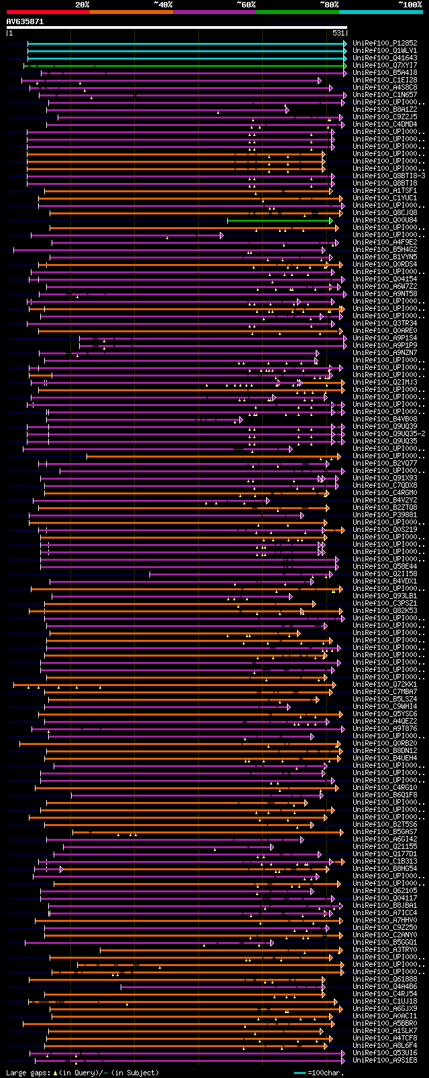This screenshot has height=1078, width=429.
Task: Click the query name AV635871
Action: click(x=25, y=21)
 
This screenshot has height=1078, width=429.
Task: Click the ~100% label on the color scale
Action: click(x=410, y=5)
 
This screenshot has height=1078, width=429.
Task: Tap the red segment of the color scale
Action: click(x=48, y=11)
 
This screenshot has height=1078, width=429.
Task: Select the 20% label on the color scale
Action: click(x=82, y=5)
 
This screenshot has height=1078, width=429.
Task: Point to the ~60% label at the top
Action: click(x=246, y=5)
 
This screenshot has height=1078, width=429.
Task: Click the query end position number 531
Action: click(x=339, y=33)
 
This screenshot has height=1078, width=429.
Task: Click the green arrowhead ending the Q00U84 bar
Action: click(x=331, y=220)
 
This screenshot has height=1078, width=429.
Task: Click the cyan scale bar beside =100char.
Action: click(x=300, y=1073)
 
